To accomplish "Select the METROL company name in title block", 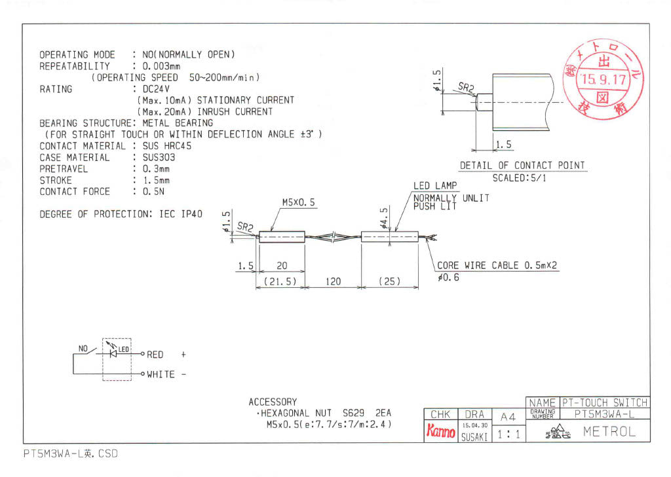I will tap(609, 432).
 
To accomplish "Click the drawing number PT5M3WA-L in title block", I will tap(603, 414).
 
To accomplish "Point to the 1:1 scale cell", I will tap(508, 433).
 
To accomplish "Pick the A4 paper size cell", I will tap(508, 417).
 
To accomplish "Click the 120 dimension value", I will tap(333, 281).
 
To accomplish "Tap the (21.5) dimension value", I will tap(280, 281).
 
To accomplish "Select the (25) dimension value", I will tap(390, 281).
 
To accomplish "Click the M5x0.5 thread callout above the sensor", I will tap(298, 203).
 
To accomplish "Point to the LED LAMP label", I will tap(435, 186).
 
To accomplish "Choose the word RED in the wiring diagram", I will tap(155, 355).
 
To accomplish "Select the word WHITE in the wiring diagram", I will tap(161, 374).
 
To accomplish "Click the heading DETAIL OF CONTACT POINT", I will tap(522, 166).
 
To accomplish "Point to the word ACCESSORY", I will tap(273, 402).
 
